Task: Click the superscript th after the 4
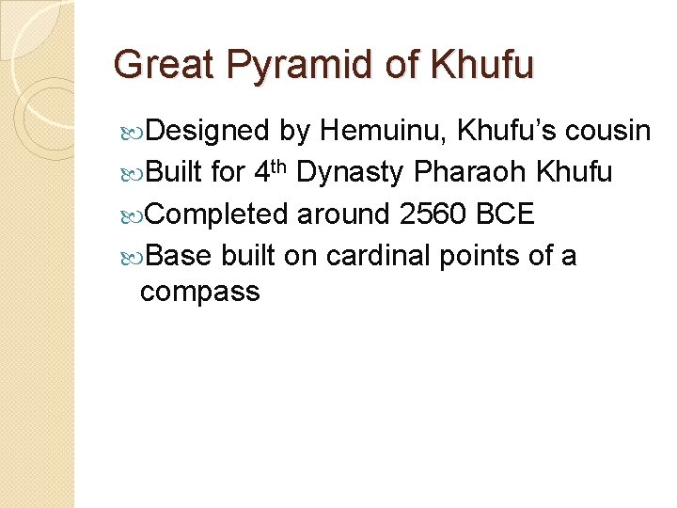280,166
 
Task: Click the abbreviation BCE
506,214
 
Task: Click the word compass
199,292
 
